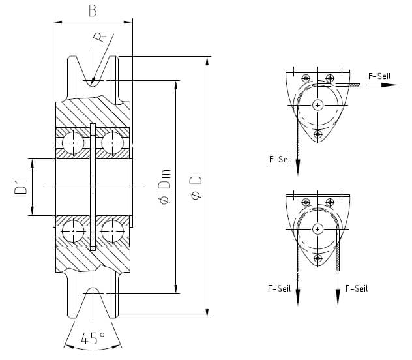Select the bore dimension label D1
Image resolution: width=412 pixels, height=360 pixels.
click(x=20, y=187)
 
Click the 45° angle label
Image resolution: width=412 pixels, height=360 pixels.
click(x=93, y=338)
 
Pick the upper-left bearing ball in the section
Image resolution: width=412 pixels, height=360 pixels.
click(x=74, y=142)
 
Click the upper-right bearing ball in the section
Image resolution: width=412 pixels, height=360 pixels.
click(x=112, y=142)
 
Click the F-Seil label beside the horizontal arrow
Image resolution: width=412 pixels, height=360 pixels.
click(x=379, y=76)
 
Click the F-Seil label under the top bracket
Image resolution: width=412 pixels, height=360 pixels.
click(x=280, y=158)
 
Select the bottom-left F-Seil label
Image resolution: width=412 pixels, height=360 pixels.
click(x=279, y=288)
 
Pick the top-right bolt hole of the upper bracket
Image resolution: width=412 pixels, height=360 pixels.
click(x=330, y=78)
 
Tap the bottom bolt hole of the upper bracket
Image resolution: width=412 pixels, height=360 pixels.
click(x=317, y=134)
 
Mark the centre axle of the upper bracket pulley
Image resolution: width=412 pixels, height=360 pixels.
click(x=317, y=104)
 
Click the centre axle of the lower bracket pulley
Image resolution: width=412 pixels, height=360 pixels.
click(x=317, y=228)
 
